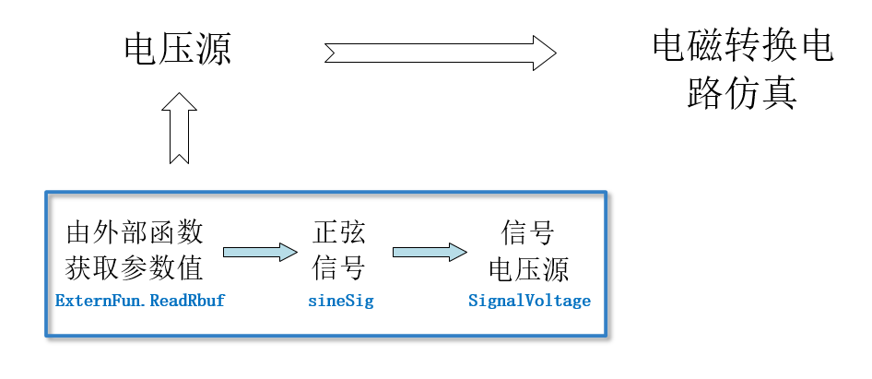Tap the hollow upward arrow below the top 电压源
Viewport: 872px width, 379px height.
pos(178,128)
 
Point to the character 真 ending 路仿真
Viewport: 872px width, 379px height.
pos(779,93)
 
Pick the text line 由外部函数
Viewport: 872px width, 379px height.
pos(135,231)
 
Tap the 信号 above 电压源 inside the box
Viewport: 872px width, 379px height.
pos(529,231)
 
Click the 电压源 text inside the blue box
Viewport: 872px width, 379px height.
pos(529,268)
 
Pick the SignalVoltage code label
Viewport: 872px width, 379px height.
pos(529,301)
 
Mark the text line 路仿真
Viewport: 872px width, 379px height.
pos(742,93)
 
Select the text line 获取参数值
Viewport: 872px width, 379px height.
pos(135,268)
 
